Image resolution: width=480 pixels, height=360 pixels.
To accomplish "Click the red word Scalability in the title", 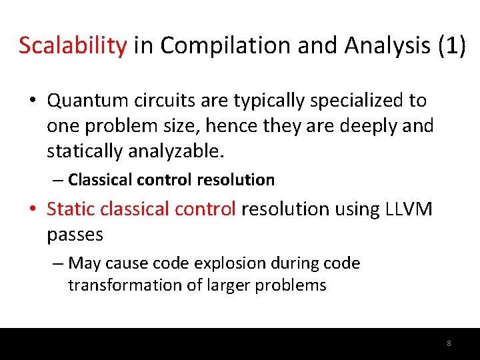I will (x=73, y=46).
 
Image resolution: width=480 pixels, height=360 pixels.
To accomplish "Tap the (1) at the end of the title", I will (x=451, y=46).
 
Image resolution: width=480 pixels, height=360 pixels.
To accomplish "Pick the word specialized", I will (x=353, y=101).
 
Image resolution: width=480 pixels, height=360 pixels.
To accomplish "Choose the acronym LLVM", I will (x=409, y=209).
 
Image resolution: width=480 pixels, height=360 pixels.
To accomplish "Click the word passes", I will (x=75, y=235).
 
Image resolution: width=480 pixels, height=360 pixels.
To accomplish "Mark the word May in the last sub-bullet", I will (x=84, y=263).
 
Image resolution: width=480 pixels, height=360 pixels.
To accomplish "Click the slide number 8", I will (x=449, y=343).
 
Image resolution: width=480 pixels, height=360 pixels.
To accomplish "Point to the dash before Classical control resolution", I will (x=59, y=180).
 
